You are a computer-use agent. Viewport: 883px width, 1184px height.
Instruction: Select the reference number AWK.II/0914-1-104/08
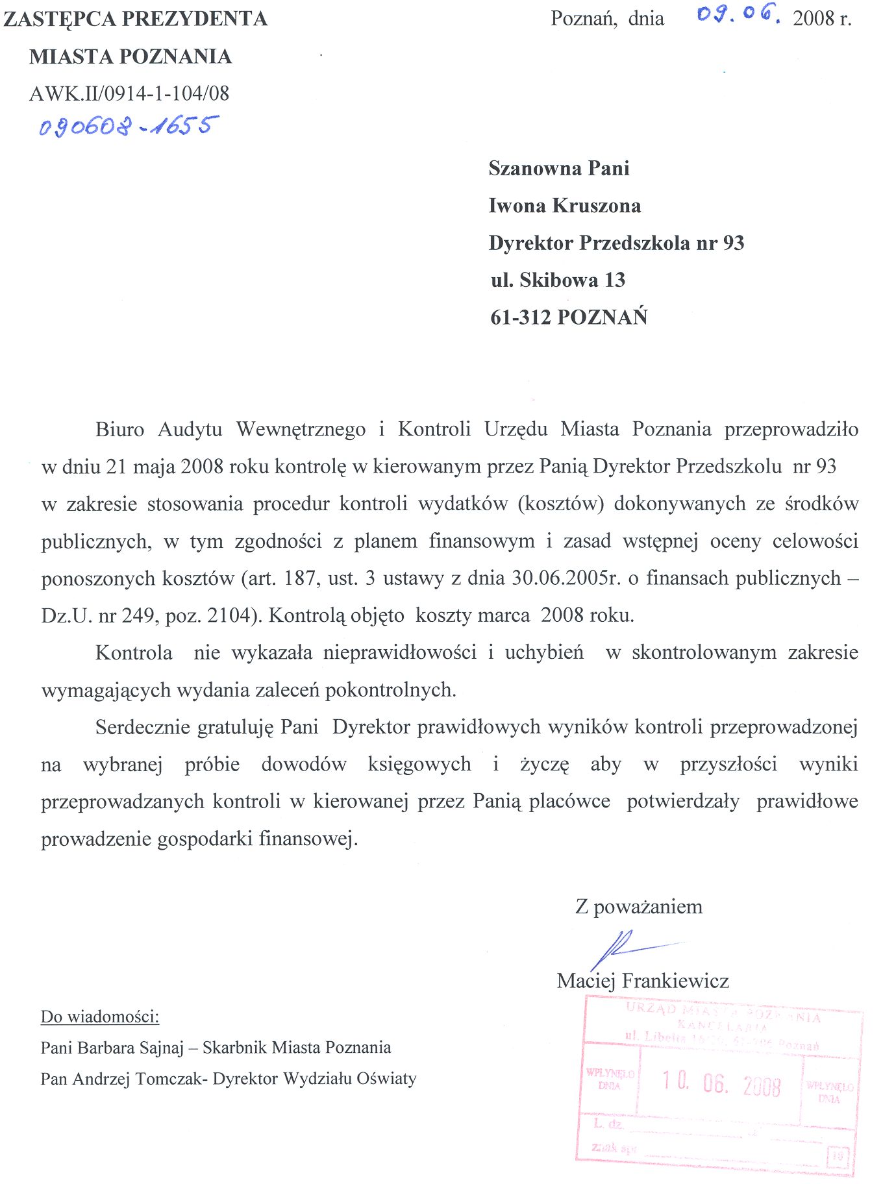tap(129, 93)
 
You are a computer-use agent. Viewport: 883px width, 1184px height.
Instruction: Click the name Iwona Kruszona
tap(564, 206)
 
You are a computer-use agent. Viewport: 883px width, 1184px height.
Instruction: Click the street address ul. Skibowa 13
tap(558, 280)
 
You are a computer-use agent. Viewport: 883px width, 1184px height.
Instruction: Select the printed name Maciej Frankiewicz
tap(643, 980)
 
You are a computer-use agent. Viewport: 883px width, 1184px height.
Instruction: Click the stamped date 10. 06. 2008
tap(721, 1084)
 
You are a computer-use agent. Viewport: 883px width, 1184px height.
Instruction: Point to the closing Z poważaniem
tap(639, 906)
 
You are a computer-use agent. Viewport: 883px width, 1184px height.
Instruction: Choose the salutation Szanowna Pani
tap(559, 168)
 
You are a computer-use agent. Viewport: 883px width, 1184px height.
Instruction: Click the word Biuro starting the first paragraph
tap(119, 429)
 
